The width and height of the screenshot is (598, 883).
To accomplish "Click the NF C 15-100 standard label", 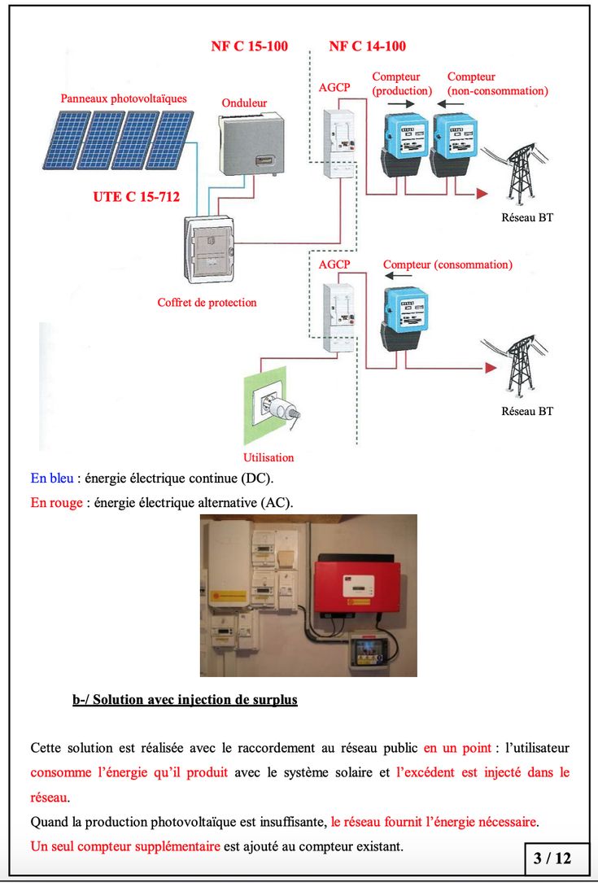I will click(249, 46).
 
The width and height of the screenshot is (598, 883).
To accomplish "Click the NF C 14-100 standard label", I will click(367, 46).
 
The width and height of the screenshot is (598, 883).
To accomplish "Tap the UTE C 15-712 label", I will click(137, 196).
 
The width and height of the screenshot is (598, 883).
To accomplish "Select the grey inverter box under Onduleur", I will click(251, 144).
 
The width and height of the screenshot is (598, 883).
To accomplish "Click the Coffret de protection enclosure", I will click(208, 250).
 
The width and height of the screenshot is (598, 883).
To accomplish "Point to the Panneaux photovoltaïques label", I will click(124, 98).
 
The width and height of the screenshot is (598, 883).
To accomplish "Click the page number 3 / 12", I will click(552, 858).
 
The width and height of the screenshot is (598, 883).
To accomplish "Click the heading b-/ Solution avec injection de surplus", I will click(185, 700).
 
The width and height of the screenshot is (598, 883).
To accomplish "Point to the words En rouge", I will click(56, 503).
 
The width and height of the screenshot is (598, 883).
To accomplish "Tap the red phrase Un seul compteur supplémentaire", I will click(125, 846).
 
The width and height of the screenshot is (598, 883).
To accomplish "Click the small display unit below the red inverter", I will click(370, 651).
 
